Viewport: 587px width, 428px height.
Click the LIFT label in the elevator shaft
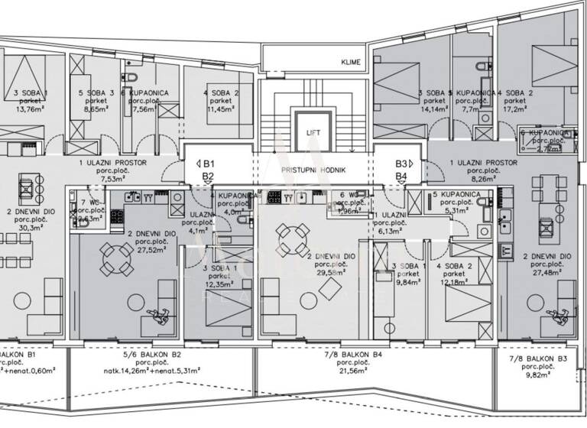point(313,131)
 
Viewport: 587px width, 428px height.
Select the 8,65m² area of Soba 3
point(95,109)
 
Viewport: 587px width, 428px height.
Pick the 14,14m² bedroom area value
point(432,109)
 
